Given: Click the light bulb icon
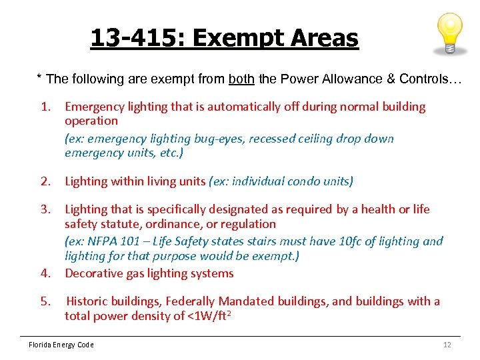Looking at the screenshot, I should pos(448,33).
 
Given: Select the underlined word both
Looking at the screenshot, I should pos(241,79).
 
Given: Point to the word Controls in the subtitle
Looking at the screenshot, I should pos(423,79).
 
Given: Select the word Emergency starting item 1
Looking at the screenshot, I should pos(93,107).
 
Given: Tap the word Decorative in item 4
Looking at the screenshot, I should pos(93,273).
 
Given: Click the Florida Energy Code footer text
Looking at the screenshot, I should pos(61,345).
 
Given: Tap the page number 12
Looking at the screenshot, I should pos(447,345).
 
